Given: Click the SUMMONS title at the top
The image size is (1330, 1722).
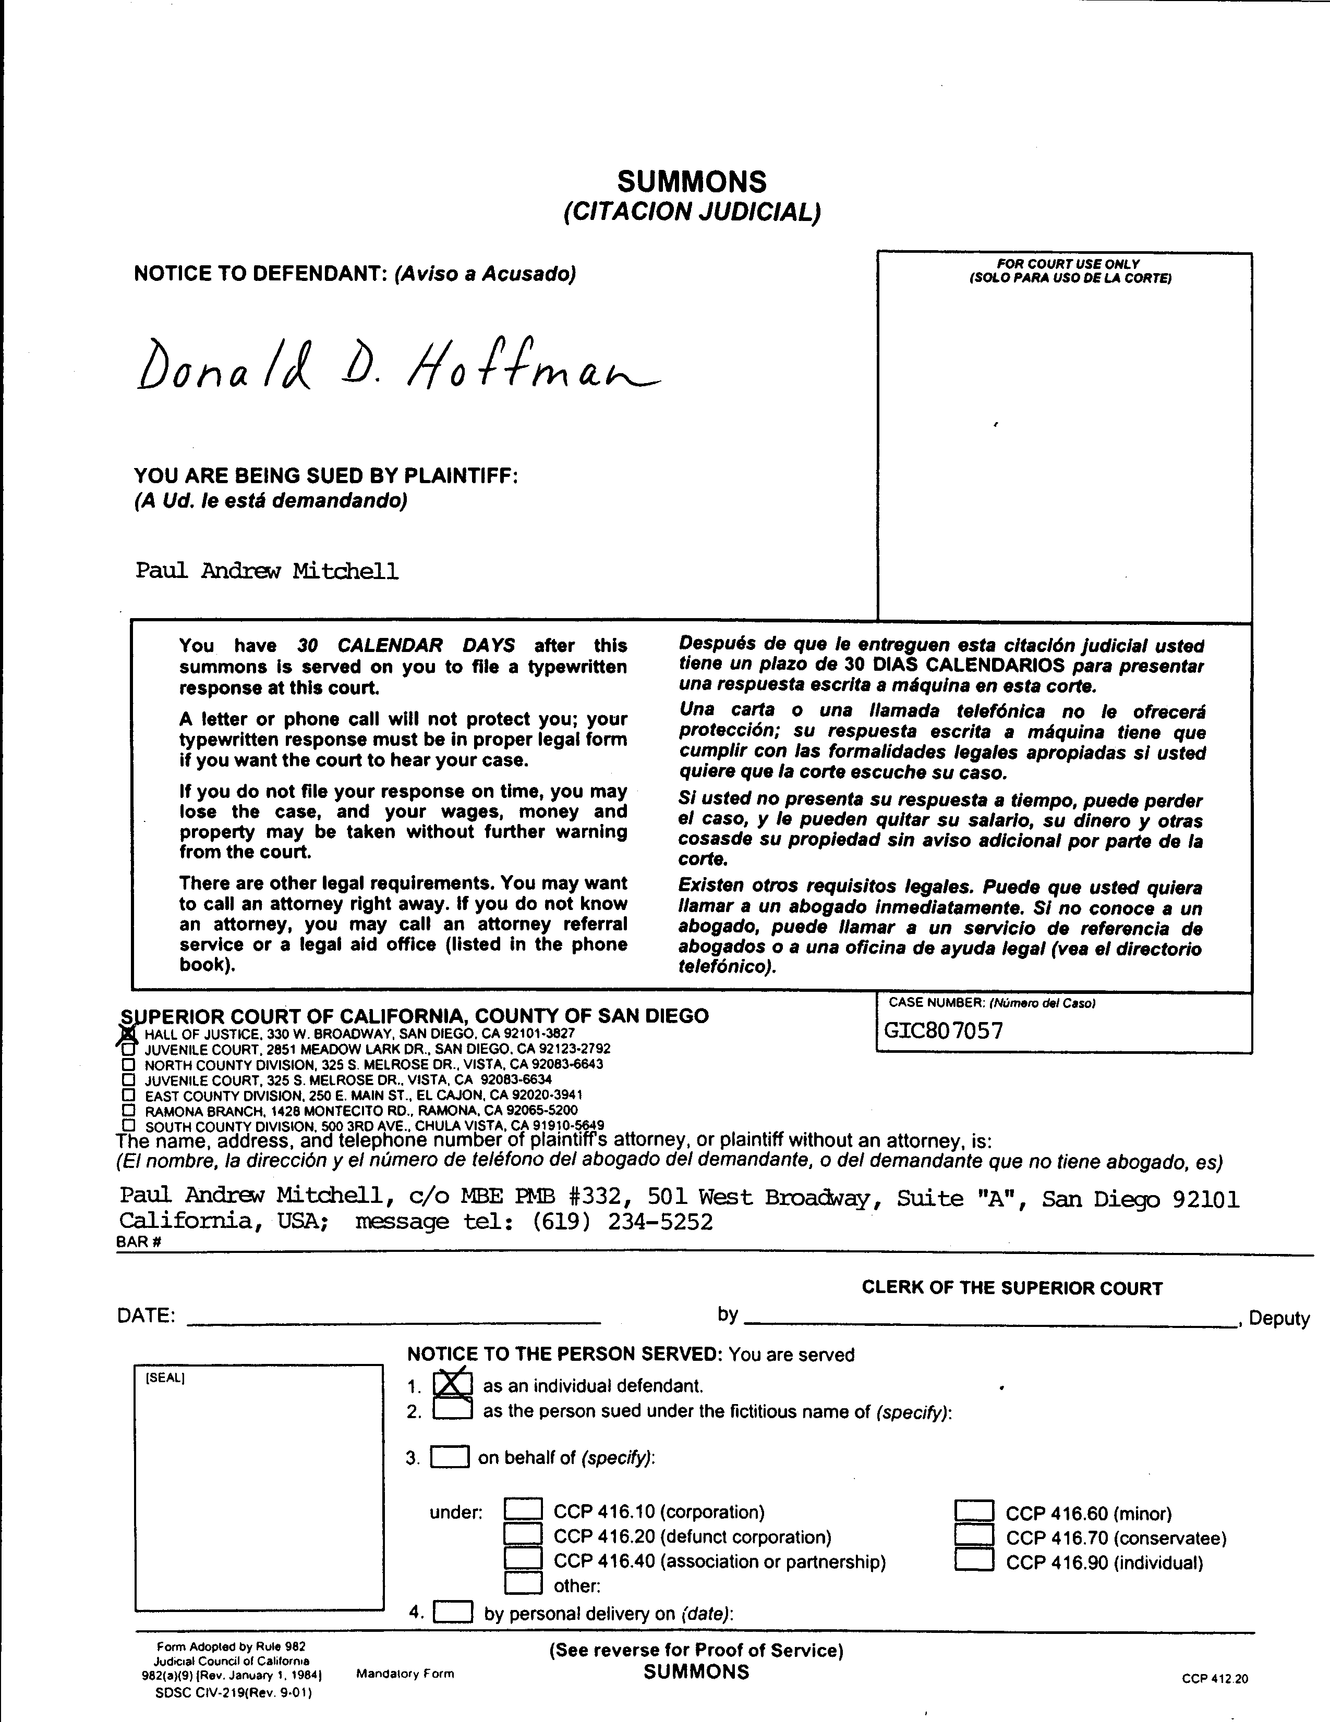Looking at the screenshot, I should [x=691, y=182].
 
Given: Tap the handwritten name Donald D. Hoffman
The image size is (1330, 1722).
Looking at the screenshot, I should [x=394, y=365].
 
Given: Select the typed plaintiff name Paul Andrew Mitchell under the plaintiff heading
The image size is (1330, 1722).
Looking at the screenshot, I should [x=267, y=570].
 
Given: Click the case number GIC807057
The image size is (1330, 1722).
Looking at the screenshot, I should [x=944, y=1030].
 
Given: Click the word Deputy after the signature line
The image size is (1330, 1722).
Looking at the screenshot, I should [x=1279, y=1318].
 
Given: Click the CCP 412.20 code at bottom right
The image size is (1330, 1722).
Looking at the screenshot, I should [x=1214, y=1679].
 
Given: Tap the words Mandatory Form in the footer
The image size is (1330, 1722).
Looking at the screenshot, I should [x=405, y=1673].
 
